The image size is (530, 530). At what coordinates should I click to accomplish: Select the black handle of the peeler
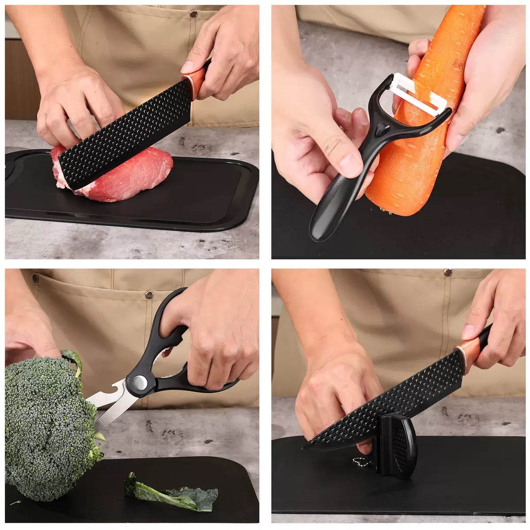point(336,203)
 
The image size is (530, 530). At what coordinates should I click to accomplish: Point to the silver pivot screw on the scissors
point(140,382)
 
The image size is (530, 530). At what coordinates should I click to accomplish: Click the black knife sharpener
point(397,446)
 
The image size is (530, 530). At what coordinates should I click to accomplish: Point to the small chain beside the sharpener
point(353,462)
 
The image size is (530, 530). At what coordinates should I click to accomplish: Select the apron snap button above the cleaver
point(193,14)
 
